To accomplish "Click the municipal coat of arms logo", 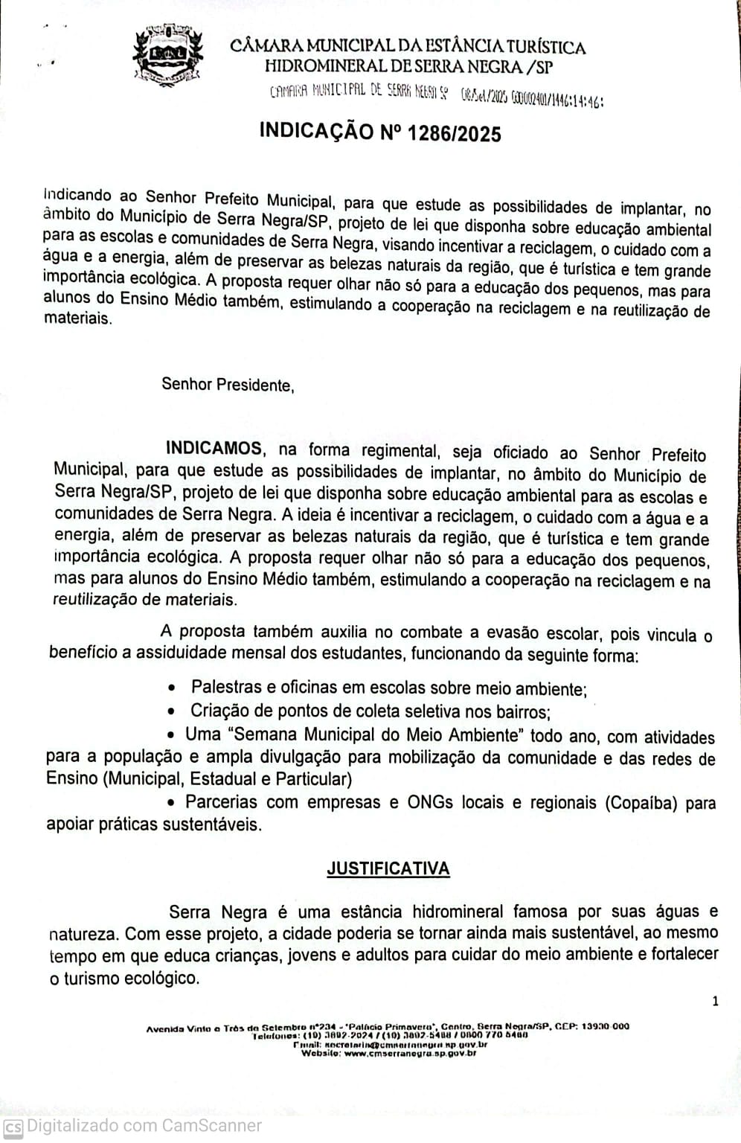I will pos(167,55).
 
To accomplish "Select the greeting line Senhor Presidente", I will pos(228,385).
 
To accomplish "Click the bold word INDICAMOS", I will pos(214,449).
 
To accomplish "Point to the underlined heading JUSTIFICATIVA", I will pos(388,868).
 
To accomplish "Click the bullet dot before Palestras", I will pos(173,688).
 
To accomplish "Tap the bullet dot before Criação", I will pos(173,711).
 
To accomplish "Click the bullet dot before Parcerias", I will pos(171,803).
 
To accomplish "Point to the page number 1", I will pos(715,1001).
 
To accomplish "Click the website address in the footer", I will pos(410,1053).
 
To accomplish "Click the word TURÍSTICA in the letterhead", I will pos(542,48).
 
